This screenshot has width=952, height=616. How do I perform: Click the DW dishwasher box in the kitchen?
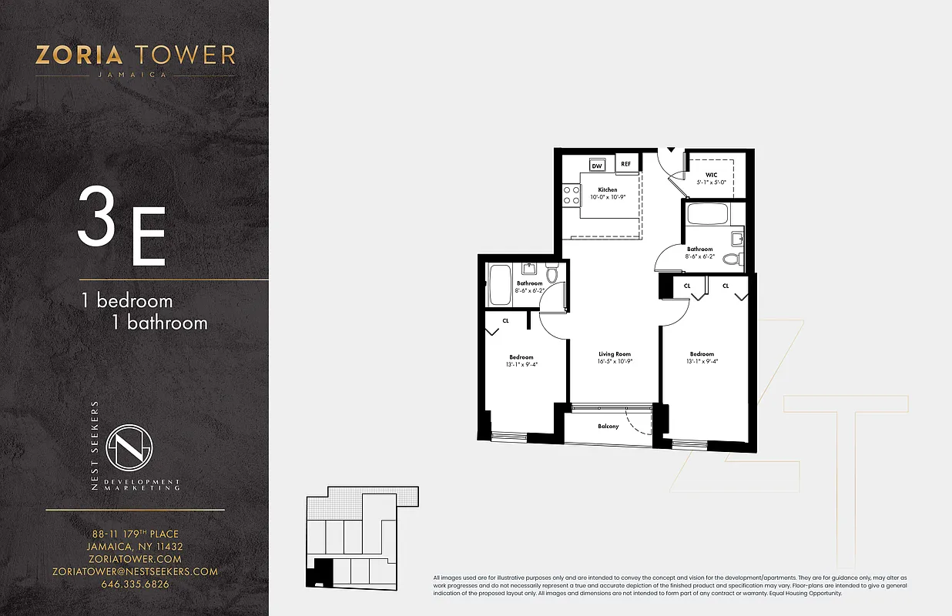(x=597, y=165)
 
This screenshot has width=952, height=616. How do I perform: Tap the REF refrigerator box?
(x=625, y=164)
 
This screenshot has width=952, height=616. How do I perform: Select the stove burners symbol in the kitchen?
(x=571, y=195)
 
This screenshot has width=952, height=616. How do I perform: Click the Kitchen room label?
(x=607, y=189)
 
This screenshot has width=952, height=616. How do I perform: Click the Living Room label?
(x=615, y=354)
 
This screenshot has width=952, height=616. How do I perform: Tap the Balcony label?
(x=608, y=426)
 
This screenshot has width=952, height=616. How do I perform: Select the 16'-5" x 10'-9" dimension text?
(x=615, y=361)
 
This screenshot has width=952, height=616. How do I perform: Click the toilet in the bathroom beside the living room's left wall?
(x=551, y=274)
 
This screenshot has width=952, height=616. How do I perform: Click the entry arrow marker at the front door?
(x=671, y=149)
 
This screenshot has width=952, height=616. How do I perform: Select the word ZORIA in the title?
(x=79, y=55)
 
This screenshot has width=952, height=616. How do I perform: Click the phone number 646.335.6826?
(x=135, y=584)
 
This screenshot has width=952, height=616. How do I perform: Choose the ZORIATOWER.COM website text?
(x=135, y=559)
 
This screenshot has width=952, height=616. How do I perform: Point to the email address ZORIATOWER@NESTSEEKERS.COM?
(x=135, y=571)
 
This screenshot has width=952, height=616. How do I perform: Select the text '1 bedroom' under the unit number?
(x=127, y=300)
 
